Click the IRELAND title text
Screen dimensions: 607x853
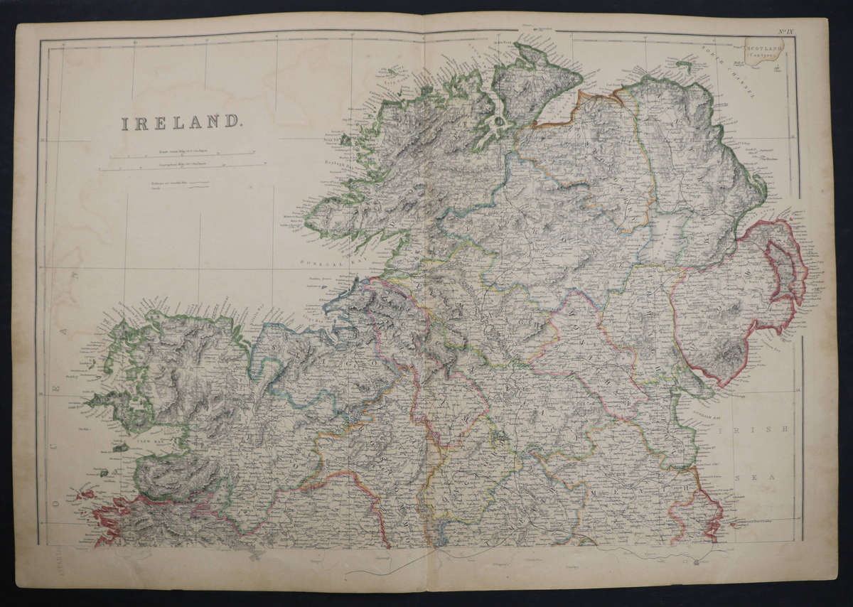tap(181, 123)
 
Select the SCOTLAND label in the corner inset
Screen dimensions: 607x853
tap(763, 47)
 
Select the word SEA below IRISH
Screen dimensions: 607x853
tap(753, 478)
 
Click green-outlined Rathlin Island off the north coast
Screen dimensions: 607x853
tap(684, 67)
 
